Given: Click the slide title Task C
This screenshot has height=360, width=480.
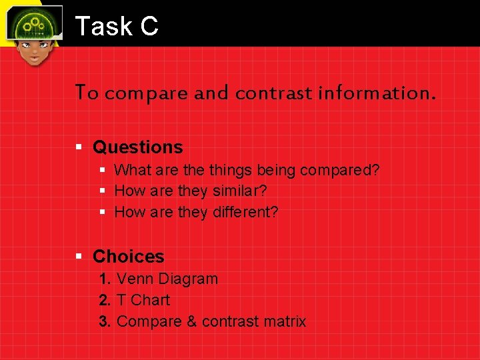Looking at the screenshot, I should (x=117, y=26).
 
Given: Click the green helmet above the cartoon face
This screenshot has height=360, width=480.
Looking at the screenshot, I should (x=33, y=23).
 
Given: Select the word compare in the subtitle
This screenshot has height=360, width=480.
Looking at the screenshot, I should (x=147, y=93).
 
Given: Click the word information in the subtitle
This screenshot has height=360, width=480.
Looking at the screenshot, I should (x=376, y=93).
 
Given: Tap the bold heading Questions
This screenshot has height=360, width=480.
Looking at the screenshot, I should (x=137, y=147).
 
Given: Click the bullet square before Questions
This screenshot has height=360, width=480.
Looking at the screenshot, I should (x=79, y=147).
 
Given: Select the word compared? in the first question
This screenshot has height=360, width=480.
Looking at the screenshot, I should (x=340, y=171).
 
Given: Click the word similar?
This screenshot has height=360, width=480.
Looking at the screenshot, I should (x=240, y=191).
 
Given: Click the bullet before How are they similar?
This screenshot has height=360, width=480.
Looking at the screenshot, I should (x=103, y=191).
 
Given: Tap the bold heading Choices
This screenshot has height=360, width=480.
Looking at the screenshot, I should (x=128, y=257).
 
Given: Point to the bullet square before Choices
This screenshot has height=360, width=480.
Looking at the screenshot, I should (x=79, y=257).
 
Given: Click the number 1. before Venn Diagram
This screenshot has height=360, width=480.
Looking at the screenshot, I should (x=105, y=279).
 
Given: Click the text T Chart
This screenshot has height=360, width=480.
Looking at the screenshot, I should (x=143, y=300).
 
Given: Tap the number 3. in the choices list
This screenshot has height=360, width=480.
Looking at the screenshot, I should (x=105, y=321).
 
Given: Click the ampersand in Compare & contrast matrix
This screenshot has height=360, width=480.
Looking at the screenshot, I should (x=191, y=321).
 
